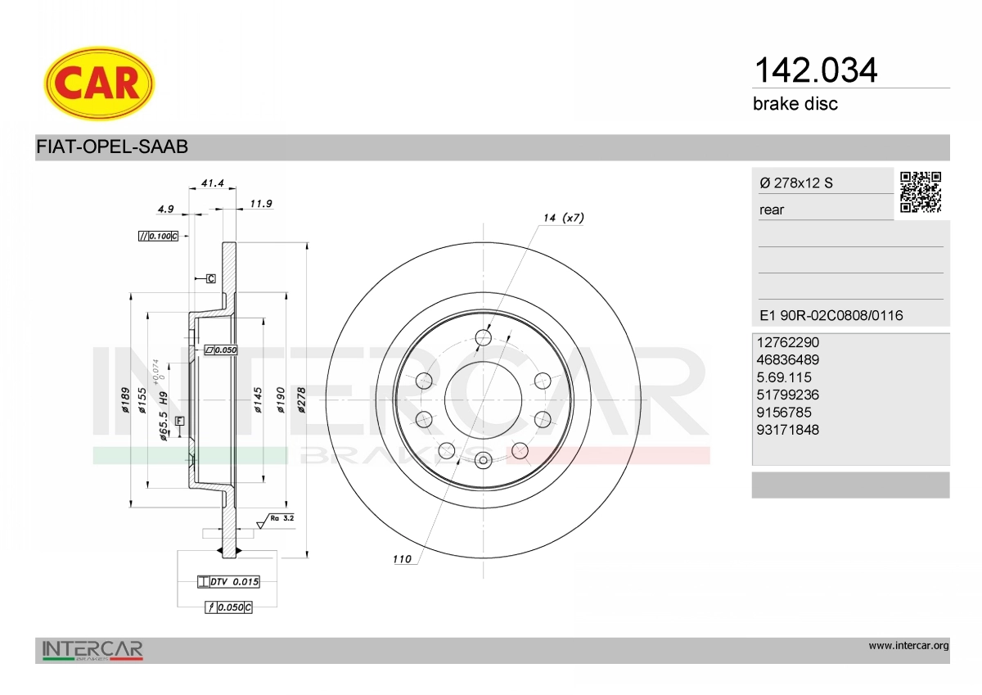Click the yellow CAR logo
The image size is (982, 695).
99,83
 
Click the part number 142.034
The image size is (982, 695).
815,70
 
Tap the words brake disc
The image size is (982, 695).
795,104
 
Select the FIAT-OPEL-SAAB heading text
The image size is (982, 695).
112,147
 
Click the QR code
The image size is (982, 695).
921,192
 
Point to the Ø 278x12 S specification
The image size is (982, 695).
796,183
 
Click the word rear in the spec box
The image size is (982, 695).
772,210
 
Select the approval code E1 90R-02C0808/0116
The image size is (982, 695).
831,315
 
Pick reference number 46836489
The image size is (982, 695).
788,359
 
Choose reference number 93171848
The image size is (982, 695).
788,430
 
